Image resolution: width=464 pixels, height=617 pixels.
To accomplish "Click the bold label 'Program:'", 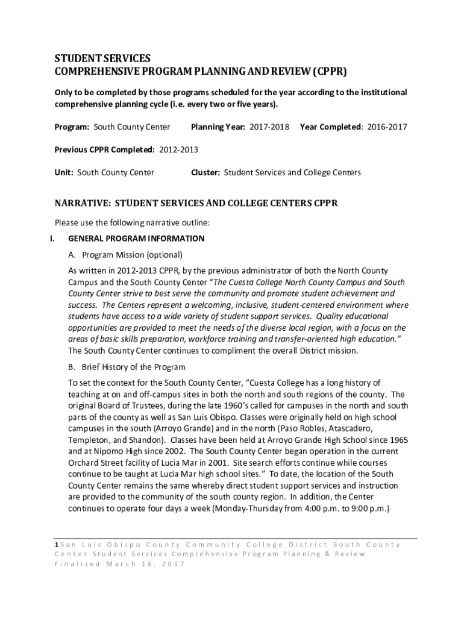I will tap(72, 127).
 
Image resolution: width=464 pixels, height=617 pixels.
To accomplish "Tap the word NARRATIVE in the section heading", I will tap(82, 203).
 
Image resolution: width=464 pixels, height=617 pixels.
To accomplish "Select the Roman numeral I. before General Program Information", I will tap(52, 239).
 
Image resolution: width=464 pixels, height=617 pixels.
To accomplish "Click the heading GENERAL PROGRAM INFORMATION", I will tap(137, 239).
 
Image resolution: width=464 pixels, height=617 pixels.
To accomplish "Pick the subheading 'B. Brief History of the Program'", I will tap(127, 367).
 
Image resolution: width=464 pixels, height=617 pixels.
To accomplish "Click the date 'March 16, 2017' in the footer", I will tap(146, 565).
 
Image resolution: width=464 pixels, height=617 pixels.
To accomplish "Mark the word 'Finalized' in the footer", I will tap(77, 565).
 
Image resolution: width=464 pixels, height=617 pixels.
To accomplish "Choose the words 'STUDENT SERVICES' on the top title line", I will tap(102, 59).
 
